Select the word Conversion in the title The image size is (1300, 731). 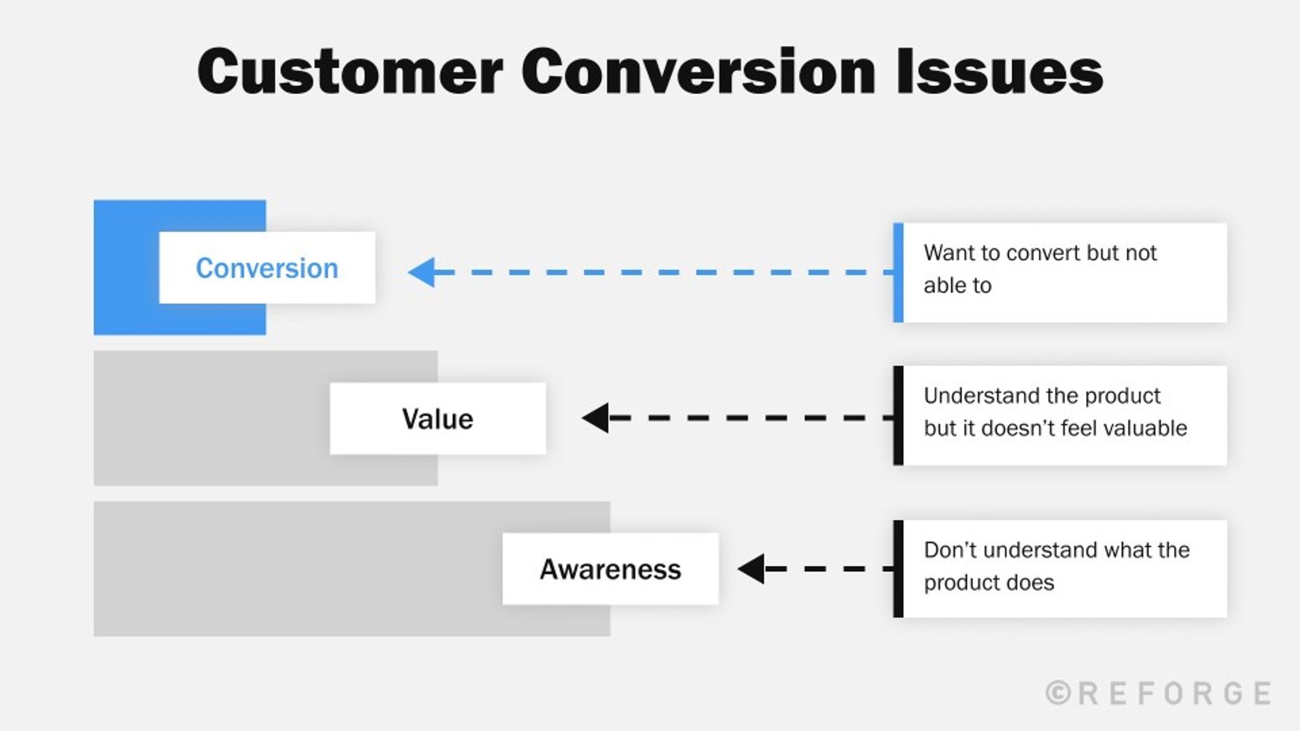click(x=698, y=71)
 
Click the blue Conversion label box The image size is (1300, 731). click(x=267, y=268)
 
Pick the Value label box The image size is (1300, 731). click(x=437, y=419)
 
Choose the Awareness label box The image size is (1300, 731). click(x=610, y=569)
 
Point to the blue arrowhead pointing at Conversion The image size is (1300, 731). click(x=422, y=272)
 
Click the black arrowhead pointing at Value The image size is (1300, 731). click(x=596, y=418)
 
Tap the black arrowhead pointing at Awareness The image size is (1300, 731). click(x=752, y=569)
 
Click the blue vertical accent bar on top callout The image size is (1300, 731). click(x=898, y=272)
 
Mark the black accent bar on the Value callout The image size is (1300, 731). click(x=898, y=415)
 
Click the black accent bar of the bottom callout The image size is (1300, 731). click(x=898, y=569)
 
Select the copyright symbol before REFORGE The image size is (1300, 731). click(x=1058, y=693)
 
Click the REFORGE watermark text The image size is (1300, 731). click(x=1174, y=693)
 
